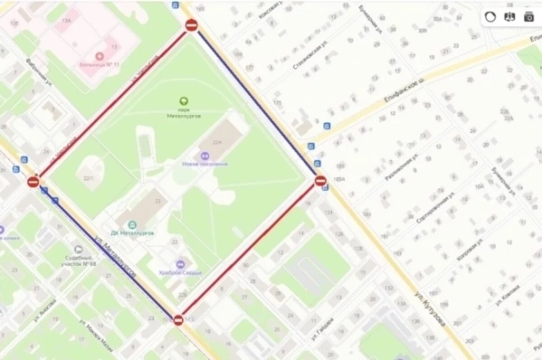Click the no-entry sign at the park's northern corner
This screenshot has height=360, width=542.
pos(192,25)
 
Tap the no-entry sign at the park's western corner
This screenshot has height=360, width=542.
pos(33,182)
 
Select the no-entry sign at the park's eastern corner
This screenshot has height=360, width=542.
pos(320,181)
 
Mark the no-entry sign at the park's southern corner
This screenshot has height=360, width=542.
pos(178,320)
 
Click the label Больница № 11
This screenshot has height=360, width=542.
pos(103,65)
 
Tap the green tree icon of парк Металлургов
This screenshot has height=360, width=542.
pos(183,101)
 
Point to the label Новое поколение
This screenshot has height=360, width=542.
pos(205,164)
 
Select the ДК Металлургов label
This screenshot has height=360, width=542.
pos(132,233)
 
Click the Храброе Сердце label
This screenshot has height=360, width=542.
pos(180,273)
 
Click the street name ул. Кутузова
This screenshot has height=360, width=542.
pos(430,309)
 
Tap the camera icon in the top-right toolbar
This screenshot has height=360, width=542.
pos(528,17)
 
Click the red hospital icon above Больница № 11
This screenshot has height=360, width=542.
pos(99,56)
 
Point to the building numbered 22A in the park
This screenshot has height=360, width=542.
pos(217,143)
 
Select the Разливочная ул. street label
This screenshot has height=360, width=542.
pos(401,167)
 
